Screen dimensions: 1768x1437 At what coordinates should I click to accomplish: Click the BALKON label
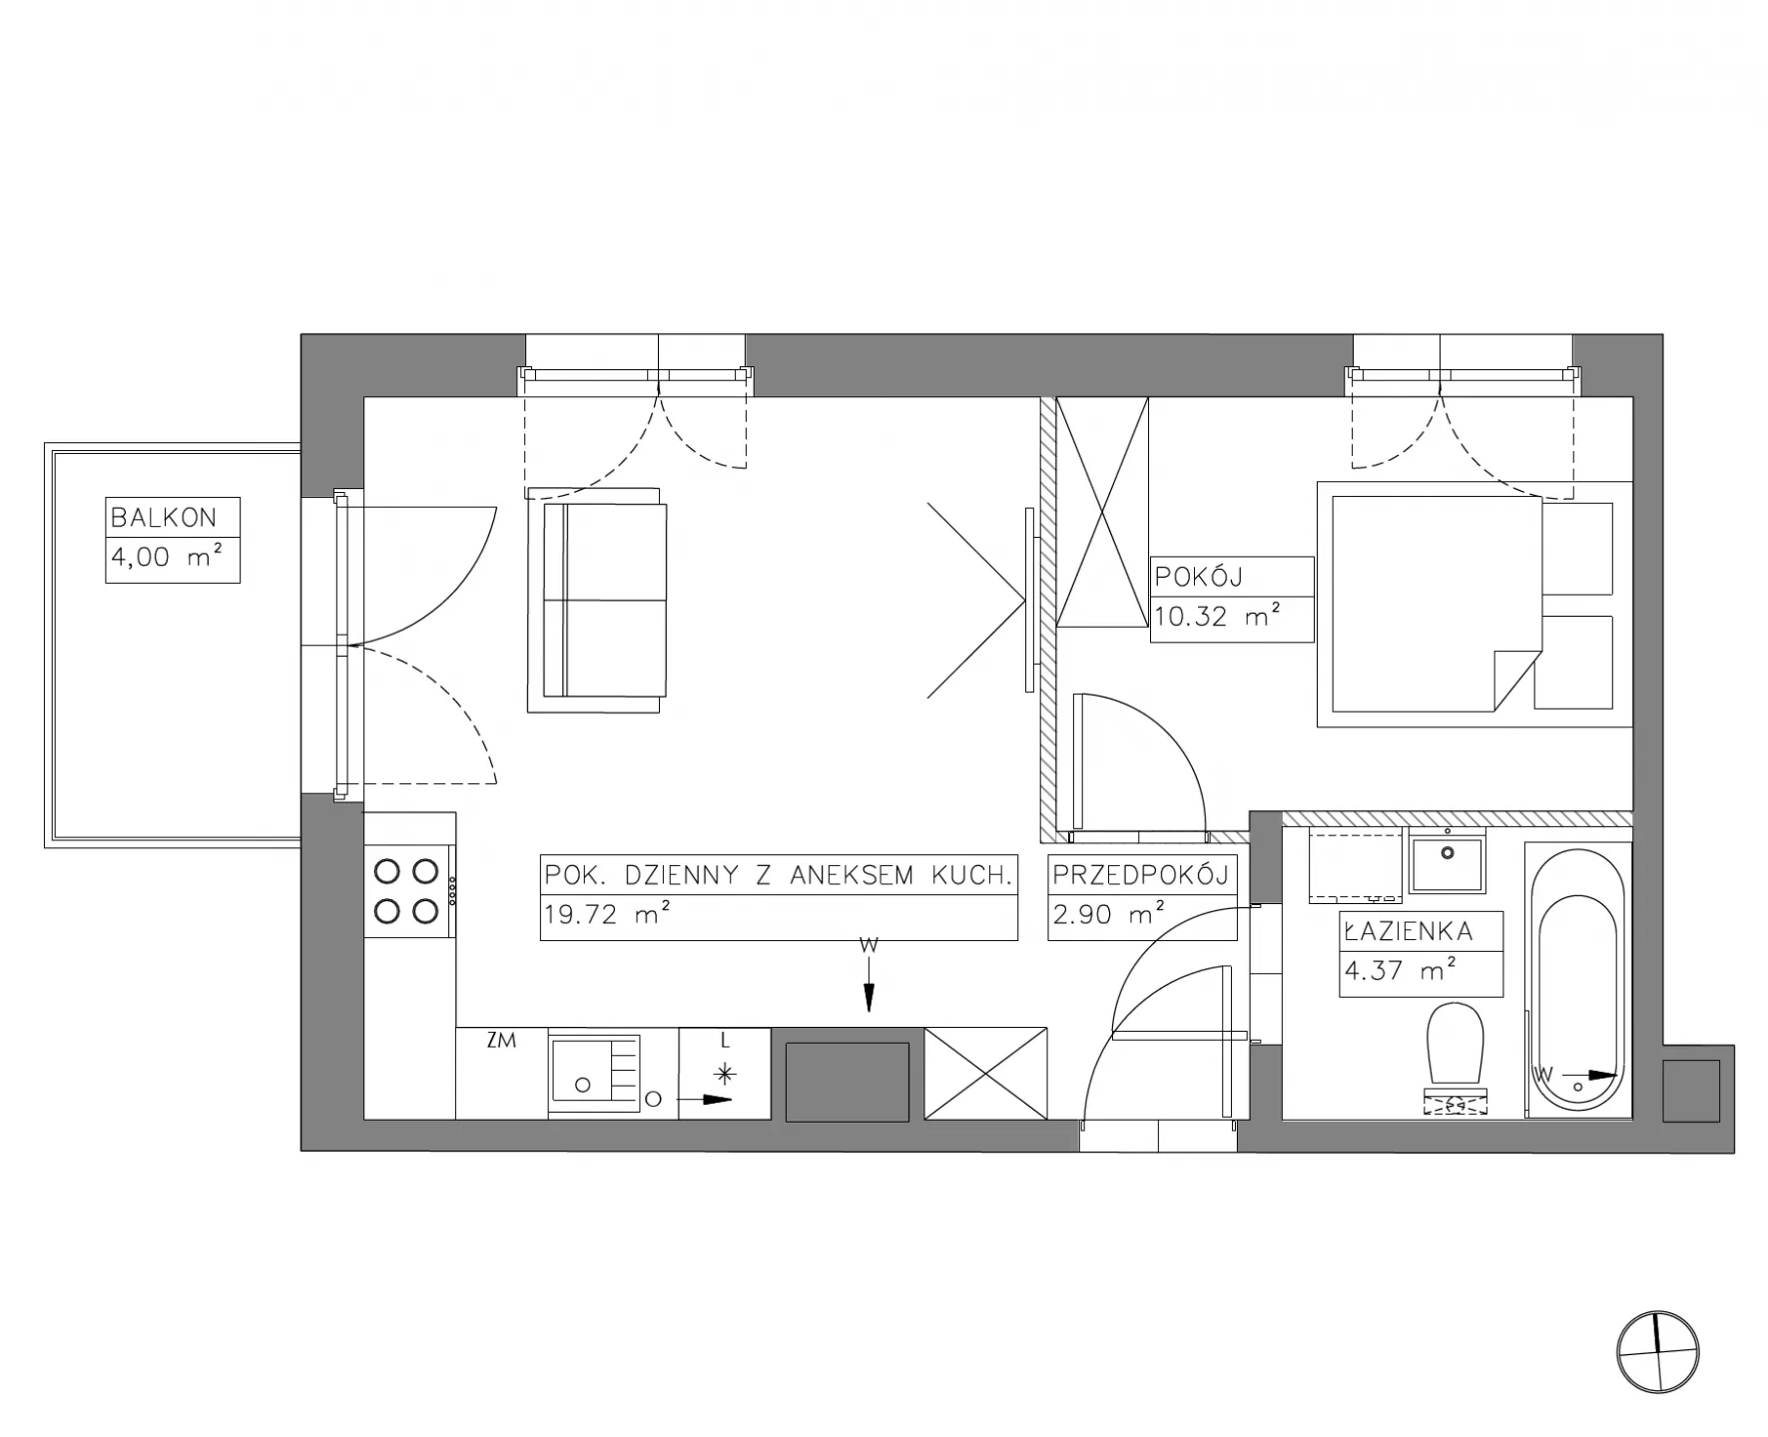coord(163,517)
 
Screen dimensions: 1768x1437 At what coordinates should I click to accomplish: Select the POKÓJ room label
coord(1199,576)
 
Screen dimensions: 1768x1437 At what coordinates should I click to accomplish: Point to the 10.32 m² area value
coord(1217,616)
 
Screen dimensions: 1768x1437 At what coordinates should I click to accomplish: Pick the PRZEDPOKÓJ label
coord(1140,875)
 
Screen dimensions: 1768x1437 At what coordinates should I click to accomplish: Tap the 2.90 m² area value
coord(1108,913)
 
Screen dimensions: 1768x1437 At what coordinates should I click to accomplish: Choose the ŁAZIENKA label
coord(1409,931)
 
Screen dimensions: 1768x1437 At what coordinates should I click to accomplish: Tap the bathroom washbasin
coord(1447,860)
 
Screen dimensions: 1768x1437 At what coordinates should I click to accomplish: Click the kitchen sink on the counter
coord(594,1073)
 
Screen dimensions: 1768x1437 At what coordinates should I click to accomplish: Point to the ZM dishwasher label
coord(501,1041)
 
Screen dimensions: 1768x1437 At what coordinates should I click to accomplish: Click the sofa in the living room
coord(594,600)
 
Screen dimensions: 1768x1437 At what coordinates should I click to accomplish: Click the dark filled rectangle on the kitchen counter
coord(848,1082)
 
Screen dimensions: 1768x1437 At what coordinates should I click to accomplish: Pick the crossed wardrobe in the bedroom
coord(1102,512)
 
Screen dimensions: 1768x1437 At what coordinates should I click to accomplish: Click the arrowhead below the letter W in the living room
coord(870,997)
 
